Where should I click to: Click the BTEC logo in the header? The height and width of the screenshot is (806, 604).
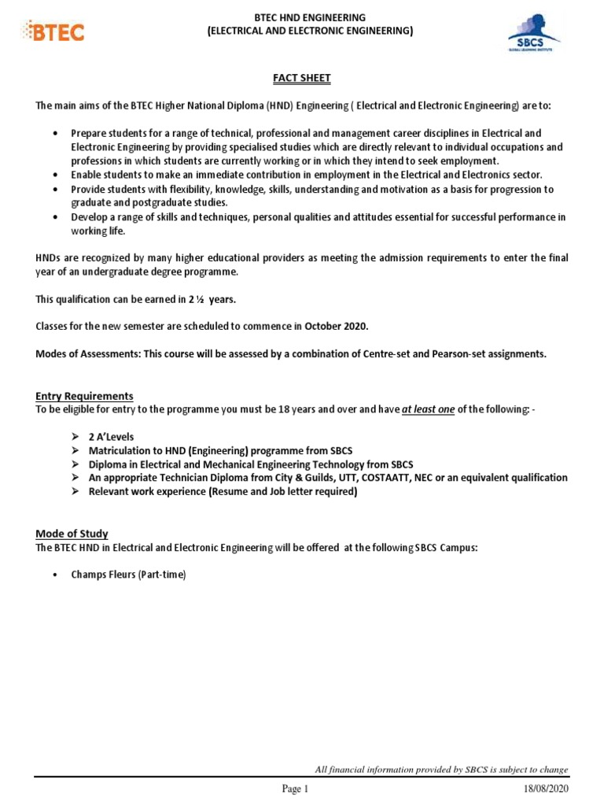pyautogui.click(x=56, y=31)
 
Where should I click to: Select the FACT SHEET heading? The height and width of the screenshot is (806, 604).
pyautogui.click(x=301, y=78)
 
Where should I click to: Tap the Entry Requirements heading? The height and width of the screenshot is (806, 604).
pyautogui.click(x=84, y=396)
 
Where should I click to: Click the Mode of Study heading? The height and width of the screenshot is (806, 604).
pyautogui.click(x=72, y=534)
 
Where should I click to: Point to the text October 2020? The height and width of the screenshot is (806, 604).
pyautogui.click(x=337, y=327)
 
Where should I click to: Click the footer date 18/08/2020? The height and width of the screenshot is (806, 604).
pyautogui.click(x=544, y=789)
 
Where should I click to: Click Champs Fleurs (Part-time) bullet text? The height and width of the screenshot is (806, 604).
pyautogui.click(x=128, y=575)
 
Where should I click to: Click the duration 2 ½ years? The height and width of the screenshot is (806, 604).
pyautogui.click(x=212, y=299)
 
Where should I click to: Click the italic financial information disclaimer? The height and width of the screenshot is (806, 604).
pyautogui.click(x=441, y=770)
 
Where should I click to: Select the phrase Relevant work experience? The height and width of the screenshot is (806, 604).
pyautogui.click(x=146, y=492)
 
